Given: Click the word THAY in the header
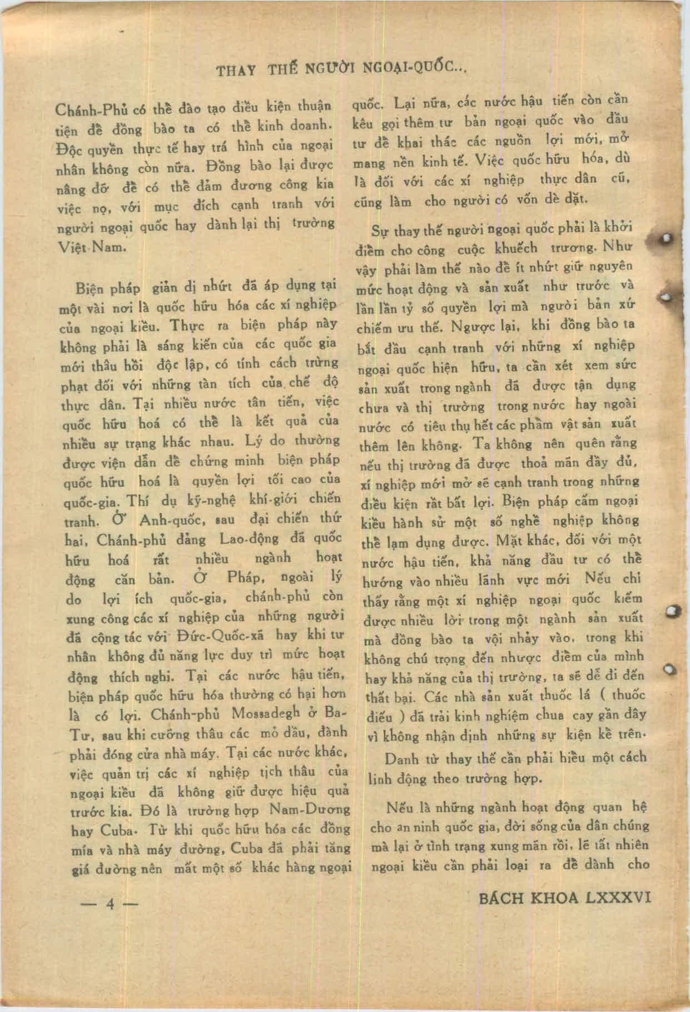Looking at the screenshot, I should (x=235, y=71).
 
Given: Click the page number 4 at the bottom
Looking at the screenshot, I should (x=110, y=904).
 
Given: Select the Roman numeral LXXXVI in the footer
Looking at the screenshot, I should (x=617, y=899).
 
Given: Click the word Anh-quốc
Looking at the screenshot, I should (x=166, y=521).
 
